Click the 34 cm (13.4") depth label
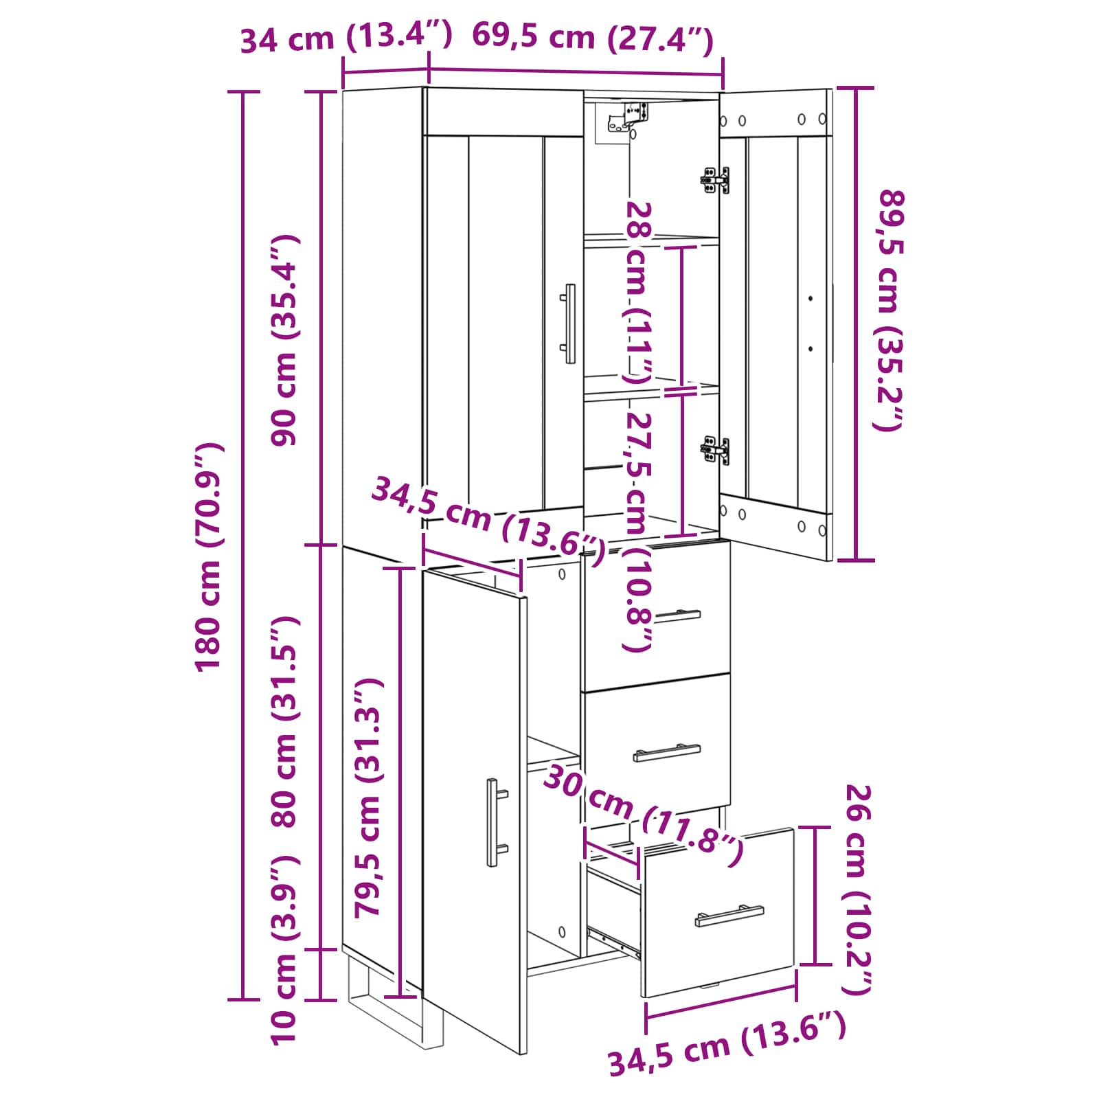(x=346, y=37)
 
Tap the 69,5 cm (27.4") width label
(x=593, y=37)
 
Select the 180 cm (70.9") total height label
(x=209, y=556)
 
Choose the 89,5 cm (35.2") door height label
(x=891, y=310)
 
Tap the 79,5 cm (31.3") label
(x=368, y=797)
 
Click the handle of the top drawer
(x=677, y=615)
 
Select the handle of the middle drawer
(x=666, y=753)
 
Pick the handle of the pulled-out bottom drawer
(x=729, y=916)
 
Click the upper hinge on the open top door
(x=714, y=180)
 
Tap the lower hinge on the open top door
(x=714, y=450)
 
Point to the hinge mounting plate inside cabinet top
(x=626, y=117)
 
